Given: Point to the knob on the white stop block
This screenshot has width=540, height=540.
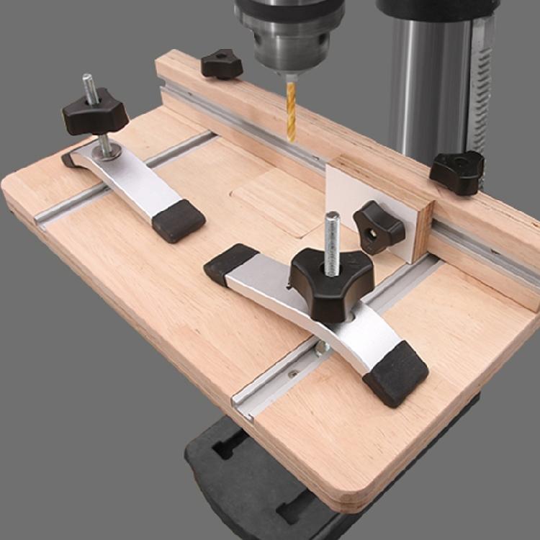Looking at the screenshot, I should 379,226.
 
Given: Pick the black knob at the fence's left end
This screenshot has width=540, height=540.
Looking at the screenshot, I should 222,64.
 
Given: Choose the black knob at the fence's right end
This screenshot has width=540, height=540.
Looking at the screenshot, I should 457,171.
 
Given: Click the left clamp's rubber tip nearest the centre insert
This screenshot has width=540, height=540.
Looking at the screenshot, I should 179,220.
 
